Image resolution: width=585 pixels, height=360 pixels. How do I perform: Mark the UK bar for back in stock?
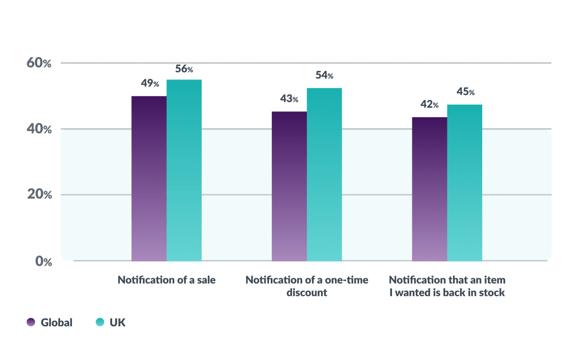tap(464, 182)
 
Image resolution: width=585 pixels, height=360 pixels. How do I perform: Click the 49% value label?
tap(150, 83)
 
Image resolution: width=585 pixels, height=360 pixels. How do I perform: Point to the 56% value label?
tap(184, 69)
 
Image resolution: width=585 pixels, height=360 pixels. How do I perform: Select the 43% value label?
tap(289, 99)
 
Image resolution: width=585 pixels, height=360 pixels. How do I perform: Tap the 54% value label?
tap(324, 75)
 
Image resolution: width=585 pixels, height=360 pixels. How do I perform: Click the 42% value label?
tap(430, 105)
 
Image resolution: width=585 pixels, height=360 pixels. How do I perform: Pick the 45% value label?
tap(465, 91)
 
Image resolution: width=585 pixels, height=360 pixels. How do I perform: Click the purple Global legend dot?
tap(31, 322)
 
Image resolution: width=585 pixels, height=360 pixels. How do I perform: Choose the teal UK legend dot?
tap(100, 322)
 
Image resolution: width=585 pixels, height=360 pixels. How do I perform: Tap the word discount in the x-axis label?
tap(307, 293)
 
